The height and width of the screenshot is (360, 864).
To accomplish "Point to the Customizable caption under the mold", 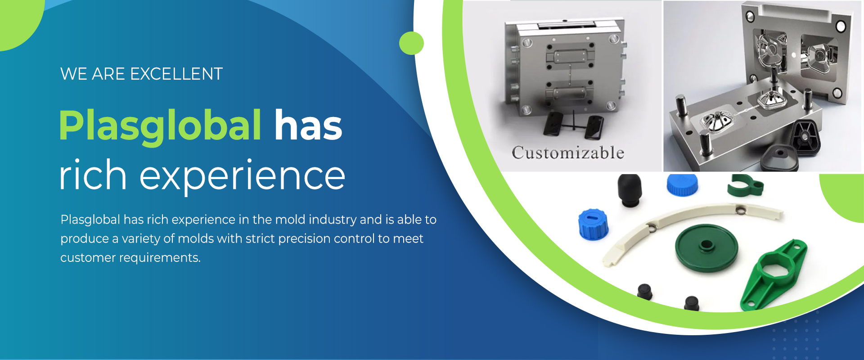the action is point(568,153).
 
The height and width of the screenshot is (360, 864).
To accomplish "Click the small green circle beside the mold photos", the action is point(411,43).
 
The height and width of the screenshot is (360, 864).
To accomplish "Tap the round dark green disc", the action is point(706,248).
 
